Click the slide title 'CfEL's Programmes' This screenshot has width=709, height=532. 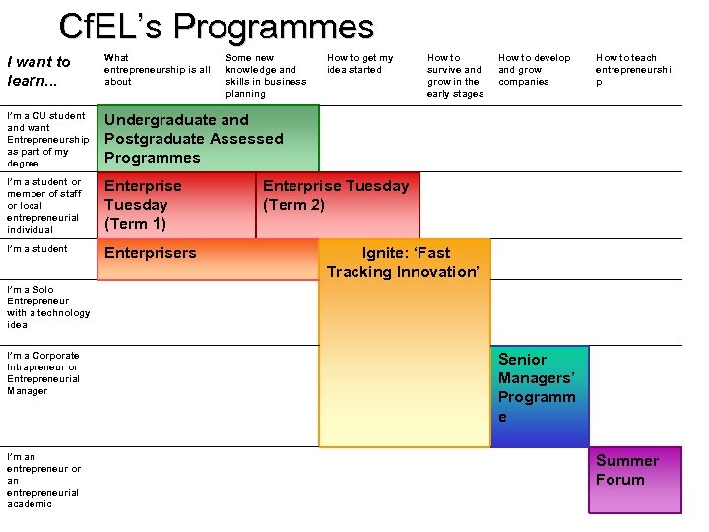coord(217,26)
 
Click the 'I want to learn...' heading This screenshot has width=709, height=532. coord(38,70)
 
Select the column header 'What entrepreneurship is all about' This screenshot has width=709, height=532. coord(157,70)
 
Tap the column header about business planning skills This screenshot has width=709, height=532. coord(266,76)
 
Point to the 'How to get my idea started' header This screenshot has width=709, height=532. coord(359,64)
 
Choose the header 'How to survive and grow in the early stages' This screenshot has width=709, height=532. coord(455,76)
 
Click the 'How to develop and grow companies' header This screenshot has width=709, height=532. coord(534,70)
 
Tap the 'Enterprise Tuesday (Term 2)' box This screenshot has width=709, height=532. coord(336,196)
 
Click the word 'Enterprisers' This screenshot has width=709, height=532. coord(151,253)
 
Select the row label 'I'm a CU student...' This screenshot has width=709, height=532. coord(47,140)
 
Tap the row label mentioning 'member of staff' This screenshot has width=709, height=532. coord(45,205)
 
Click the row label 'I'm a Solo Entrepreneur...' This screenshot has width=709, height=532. coord(47,307)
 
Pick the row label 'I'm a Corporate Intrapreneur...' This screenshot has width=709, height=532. coord(43,373)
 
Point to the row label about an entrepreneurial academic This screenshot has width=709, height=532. coord(43,481)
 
